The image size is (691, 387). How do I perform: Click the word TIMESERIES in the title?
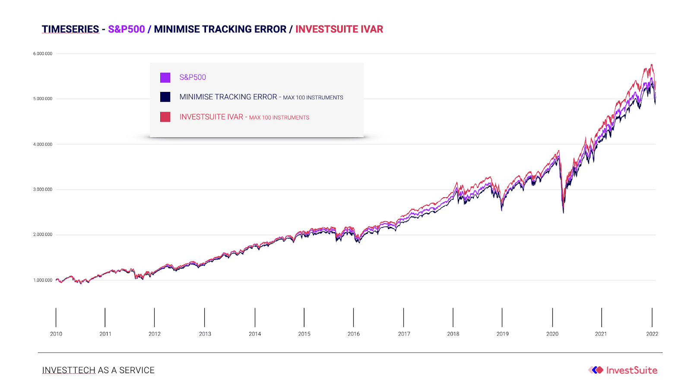coord(70,29)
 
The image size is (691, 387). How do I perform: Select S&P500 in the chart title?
coord(127,29)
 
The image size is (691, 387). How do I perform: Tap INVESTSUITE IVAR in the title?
coord(339,29)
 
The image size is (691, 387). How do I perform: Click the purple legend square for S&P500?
coord(165,77)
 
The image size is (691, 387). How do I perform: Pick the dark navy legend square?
coord(165,97)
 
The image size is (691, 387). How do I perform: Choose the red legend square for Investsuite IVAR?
coord(165,117)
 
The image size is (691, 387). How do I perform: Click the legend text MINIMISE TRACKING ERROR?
coord(228,97)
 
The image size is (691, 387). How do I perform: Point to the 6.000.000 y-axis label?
coord(43,53)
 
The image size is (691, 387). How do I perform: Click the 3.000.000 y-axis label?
coord(43,189)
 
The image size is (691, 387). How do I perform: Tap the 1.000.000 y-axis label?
coord(43,280)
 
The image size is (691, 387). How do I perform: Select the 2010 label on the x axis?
coord(56,334)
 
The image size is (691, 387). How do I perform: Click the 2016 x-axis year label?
coord(354,334)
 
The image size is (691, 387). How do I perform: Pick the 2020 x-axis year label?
coord(552,334)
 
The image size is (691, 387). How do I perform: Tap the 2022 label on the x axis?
coord(652,334)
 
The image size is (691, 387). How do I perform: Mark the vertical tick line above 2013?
coord(205,318)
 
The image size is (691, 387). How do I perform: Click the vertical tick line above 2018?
coord(453,318)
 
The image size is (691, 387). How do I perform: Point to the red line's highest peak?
coord(652,64)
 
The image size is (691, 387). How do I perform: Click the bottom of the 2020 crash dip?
coord(563,213)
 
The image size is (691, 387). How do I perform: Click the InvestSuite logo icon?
coord(596,370)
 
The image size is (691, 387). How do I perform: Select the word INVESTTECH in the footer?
coord(69,370)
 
